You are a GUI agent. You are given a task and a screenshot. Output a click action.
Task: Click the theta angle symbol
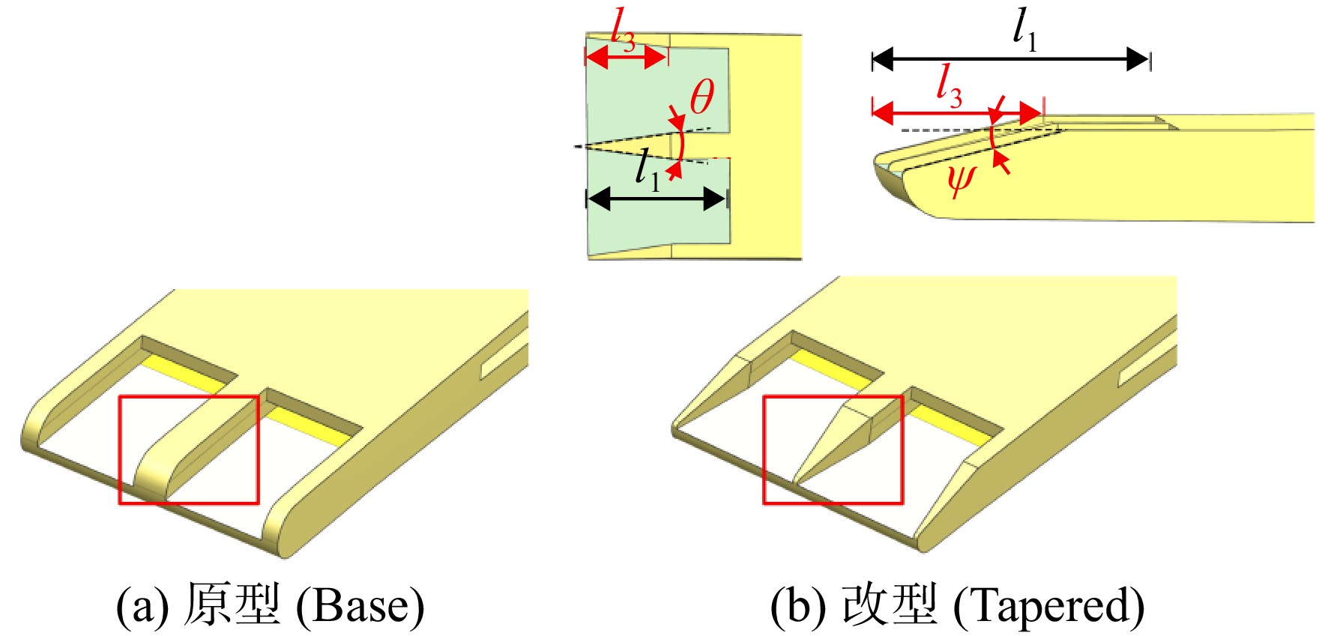coord(702,97)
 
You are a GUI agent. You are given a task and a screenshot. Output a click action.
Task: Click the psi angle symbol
coord(961,180)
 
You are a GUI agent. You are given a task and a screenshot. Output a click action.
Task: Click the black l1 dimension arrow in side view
coord(1011,59)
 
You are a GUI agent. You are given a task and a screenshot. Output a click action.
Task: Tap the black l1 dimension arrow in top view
coord(657,199)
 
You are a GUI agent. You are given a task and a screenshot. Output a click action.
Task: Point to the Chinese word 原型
coord(232,604)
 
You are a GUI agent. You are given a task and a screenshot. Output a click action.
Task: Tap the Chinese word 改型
coord(890,604)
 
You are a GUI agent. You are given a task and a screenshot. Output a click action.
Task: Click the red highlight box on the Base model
coord(189,396)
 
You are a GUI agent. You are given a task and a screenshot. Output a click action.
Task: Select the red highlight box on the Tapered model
coord(833,396)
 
